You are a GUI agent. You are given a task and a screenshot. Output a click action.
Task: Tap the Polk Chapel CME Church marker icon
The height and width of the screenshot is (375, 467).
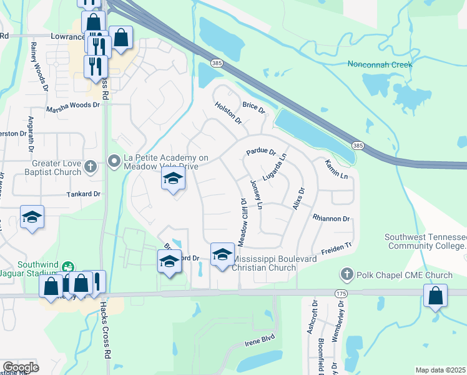click(x=347, y=274)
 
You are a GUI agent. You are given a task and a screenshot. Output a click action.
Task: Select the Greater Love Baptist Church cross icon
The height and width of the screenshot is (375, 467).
click(x=91, y=166)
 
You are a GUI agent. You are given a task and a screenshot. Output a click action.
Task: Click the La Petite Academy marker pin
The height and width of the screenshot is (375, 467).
click(x=114, y=162)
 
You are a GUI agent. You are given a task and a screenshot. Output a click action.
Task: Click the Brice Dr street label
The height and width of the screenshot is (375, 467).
click(x=254, y=107)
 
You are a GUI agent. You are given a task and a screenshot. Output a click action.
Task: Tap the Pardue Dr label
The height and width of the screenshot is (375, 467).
click(x=261, y=151)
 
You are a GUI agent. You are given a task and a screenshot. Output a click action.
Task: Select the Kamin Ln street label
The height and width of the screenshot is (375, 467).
click(x=336, y=168)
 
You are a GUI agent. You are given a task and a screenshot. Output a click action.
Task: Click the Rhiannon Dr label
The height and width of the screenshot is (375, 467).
click(x=331, y=219)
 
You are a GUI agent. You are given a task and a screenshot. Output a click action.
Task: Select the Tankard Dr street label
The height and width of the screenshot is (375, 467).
click(x=84, y=194)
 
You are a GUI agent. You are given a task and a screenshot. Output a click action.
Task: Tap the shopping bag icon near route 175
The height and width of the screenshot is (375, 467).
click(x=435, y=296)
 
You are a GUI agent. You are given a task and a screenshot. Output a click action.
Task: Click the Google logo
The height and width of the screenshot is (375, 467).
click(x=21, y=367)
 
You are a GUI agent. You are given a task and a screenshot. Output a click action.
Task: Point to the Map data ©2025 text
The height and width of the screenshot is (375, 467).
click(x=440, y=370)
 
